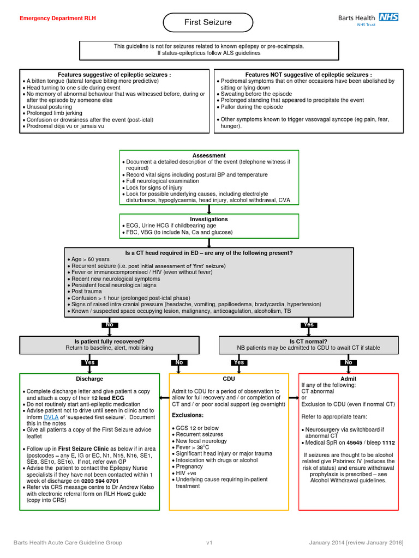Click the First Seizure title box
point(207,22)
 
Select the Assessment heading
point(209,155)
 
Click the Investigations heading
point(209,219)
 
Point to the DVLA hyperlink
point(51,417)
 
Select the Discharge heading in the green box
point(89,379)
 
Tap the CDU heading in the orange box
point(229,379)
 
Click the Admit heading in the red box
point(349,379)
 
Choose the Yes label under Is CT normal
point(238,362)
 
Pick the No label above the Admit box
point(349,362)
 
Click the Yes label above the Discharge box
point(89,362)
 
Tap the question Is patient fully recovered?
point(110,341)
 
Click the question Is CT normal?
point(308,341)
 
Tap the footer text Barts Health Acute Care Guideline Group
point(68,543)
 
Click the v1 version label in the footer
point(209,543)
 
